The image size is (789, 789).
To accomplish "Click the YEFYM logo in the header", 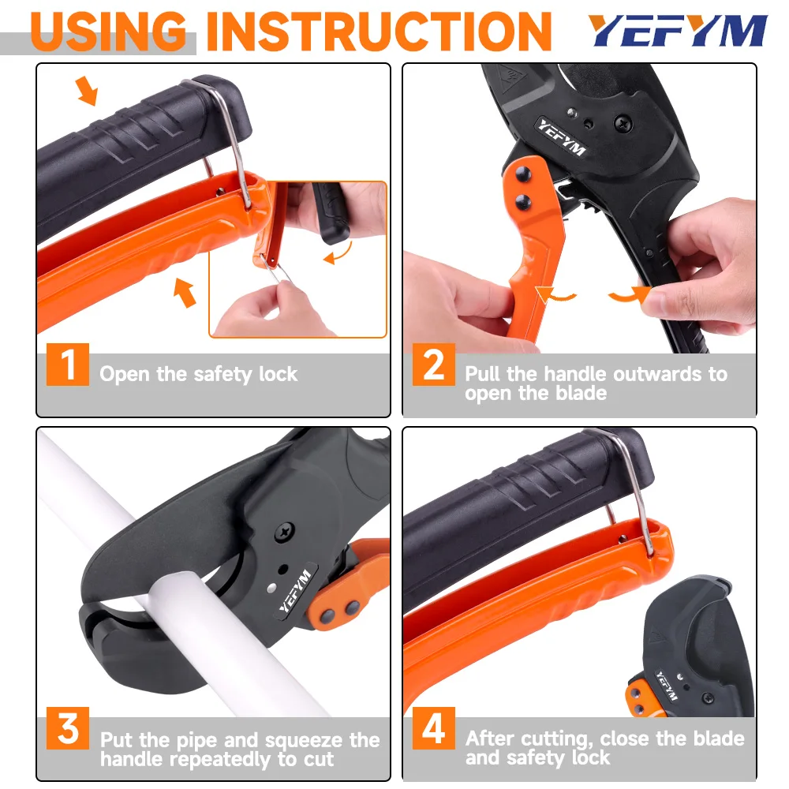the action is (678, 31).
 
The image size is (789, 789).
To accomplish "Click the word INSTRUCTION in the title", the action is (379, 32).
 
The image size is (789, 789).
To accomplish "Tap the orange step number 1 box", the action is (68, 365).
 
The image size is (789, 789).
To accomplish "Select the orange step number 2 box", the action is (434, 365).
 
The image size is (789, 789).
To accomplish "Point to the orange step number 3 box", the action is (68, 728).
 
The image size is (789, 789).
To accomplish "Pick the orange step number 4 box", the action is (434, 728).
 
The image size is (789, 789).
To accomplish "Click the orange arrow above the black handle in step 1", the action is (87, 91).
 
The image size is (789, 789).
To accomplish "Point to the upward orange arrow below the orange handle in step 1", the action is (184, 292).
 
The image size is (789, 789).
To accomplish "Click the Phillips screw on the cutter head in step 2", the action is (623, 122).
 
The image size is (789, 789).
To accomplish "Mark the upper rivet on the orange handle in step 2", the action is (522, 174).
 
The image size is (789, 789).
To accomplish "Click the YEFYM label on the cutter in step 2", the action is (562, 136).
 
